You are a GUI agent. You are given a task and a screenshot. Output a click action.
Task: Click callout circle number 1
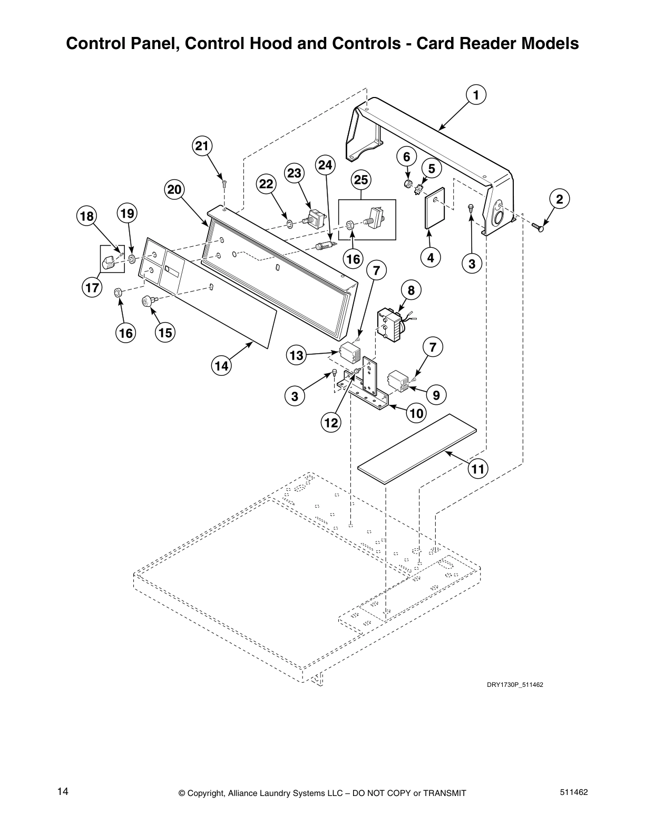[475, 95]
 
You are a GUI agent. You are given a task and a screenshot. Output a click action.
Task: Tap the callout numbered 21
[202, 146]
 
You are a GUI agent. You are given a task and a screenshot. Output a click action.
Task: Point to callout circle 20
[174, 190]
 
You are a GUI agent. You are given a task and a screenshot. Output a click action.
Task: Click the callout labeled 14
[222, 365]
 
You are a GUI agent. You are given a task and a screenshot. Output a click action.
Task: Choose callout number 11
[478, 469]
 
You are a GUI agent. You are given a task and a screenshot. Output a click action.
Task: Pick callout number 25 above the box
[361, 180]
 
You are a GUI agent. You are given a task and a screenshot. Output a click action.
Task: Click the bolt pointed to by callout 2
[538, 228]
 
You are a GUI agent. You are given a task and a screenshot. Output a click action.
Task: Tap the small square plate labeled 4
[435, 207]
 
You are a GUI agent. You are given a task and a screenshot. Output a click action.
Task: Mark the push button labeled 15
[147, 301]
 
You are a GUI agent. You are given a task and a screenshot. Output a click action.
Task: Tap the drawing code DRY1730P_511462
[514, 685]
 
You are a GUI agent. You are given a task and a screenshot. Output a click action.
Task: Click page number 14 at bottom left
[63, 791]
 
